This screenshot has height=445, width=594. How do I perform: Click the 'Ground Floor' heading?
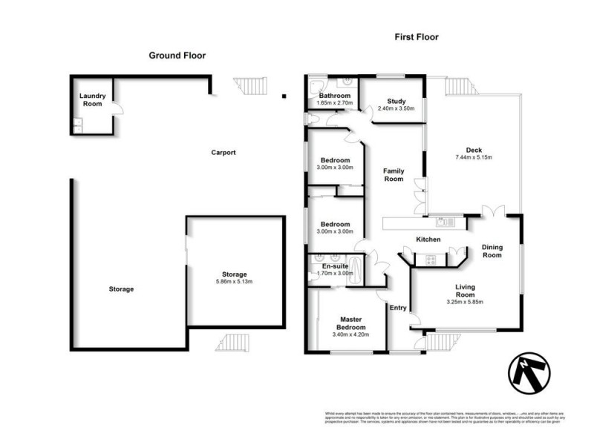[177, 55]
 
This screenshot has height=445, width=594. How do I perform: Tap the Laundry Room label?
[94, 99]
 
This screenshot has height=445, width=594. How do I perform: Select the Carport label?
[223, 153]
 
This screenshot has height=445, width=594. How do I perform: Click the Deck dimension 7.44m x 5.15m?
[474, 157]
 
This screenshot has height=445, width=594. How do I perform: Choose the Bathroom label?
[334, 96]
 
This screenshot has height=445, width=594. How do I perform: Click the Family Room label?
[394, 175]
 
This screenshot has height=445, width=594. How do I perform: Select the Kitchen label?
[428, 240]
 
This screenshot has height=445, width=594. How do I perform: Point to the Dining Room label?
[492, 251]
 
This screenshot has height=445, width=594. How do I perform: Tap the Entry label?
[398, 308]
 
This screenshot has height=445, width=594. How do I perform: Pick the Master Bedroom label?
[347, 323]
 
